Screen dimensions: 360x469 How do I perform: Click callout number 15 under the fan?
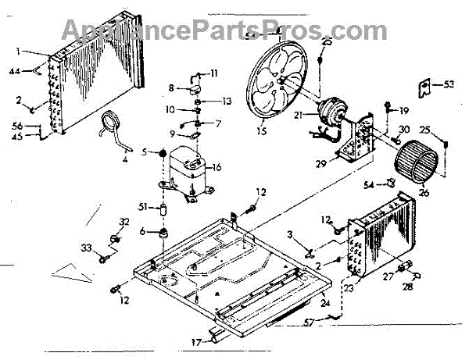coord(260,131)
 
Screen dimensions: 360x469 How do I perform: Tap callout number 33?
coord(88,248)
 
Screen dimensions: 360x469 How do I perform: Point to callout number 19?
coord(405,109)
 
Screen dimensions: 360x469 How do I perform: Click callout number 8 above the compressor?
coord(170,87)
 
